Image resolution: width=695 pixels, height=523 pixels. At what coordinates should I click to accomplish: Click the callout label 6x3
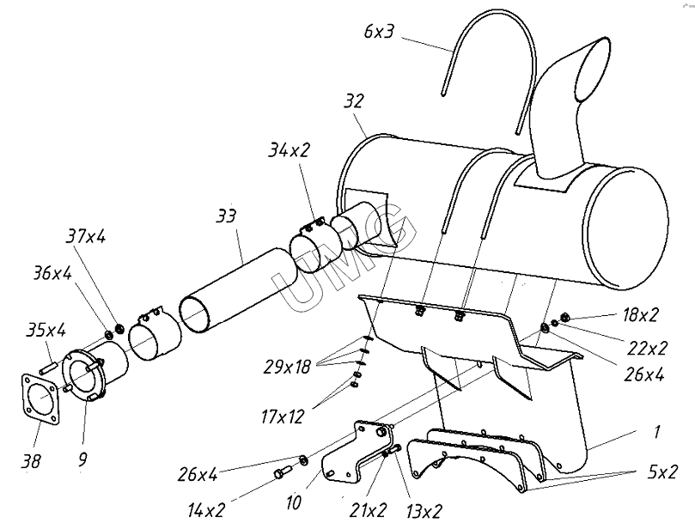379,33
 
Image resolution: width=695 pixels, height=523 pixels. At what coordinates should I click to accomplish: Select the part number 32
352,101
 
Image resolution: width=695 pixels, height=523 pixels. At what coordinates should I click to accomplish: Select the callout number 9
82,459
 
